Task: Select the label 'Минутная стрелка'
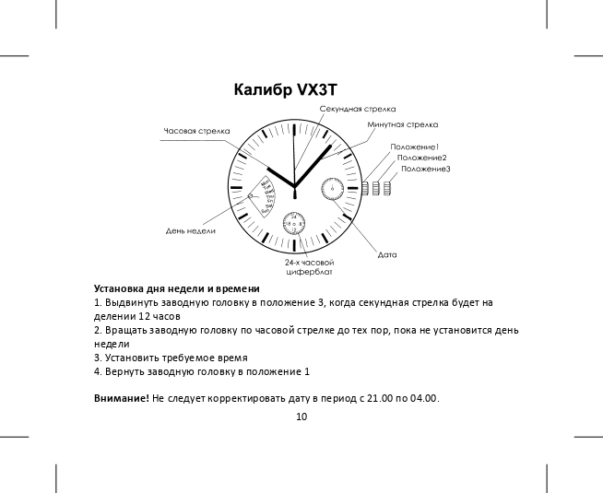(x=402, y=123)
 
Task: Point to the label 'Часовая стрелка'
(x=196, y=131)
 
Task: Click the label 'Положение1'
(x=415, y=147)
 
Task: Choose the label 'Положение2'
(x=421, y=158)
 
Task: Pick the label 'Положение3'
(x=426, y=169)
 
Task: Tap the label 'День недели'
(x=191, y=230)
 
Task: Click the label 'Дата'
(x=387, y=252)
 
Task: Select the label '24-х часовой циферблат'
(x=310, y=267)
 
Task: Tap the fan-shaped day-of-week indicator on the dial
(x=266, y=195)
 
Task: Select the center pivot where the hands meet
(x=294, y=187)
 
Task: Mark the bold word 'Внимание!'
(x=122, y=398)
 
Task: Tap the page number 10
(x=301, y=417)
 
